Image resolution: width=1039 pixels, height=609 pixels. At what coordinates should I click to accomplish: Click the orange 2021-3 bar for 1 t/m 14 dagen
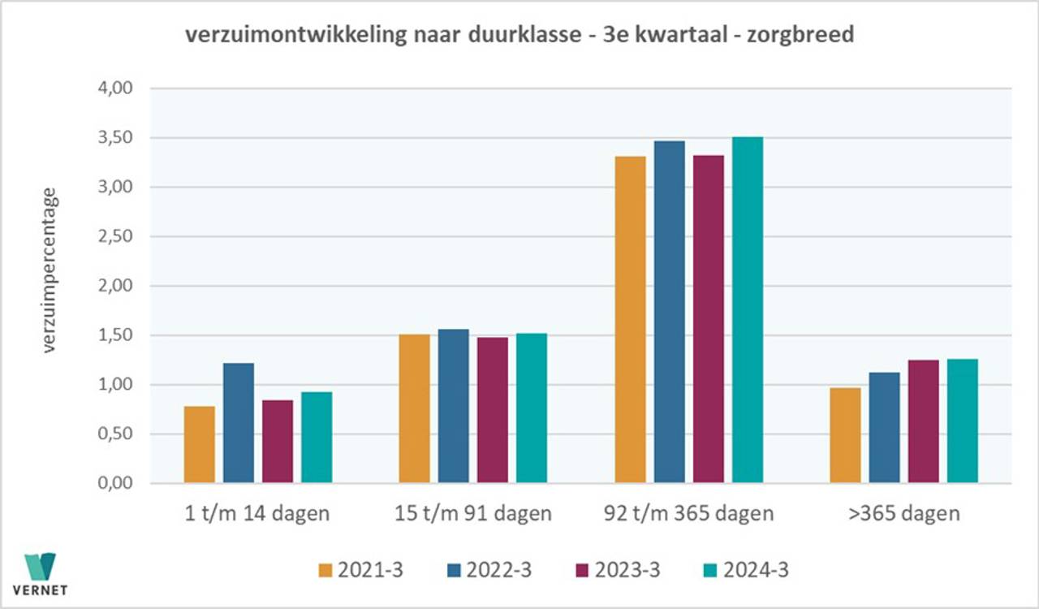click(200, 445)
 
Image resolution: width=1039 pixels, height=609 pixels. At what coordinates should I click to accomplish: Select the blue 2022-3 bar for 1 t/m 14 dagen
click(239, 423)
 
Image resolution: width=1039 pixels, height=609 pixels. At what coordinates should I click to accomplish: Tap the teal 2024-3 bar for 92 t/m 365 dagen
click(748, 310)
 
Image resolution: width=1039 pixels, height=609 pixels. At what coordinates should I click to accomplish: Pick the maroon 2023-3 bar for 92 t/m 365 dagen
click(708, 319)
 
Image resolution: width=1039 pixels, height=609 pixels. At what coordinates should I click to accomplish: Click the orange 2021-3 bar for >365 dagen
click(845, 435)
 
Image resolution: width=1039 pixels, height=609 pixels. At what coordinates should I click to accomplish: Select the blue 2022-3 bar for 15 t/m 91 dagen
click(453, 406)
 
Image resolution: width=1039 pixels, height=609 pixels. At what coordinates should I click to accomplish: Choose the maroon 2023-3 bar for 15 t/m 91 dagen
click(493, 410)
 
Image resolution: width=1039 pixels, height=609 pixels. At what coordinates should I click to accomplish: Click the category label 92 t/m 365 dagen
click(688, 514)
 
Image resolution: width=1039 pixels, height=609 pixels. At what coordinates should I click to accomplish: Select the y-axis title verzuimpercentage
click(50, 270)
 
